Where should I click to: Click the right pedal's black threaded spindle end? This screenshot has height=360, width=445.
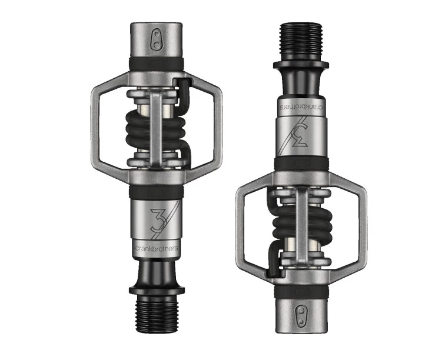pos(300,38)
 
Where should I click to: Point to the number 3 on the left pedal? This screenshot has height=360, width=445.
pos(157,219)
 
